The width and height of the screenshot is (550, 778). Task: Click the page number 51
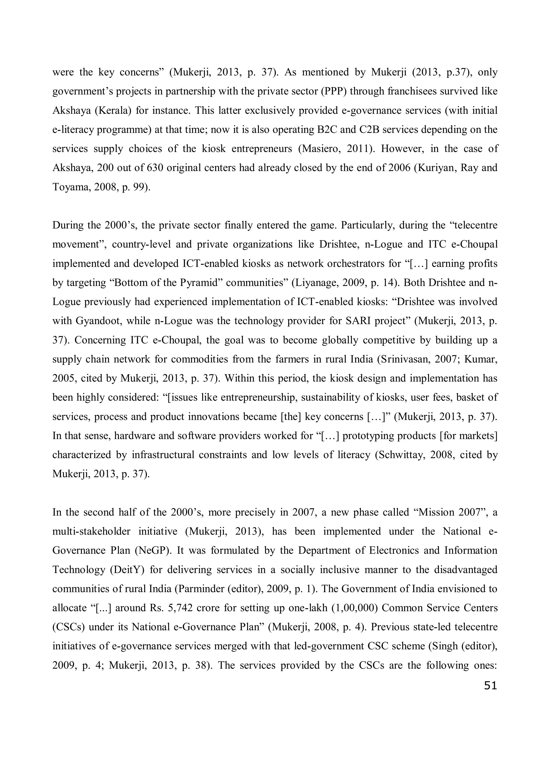(490, 686)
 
